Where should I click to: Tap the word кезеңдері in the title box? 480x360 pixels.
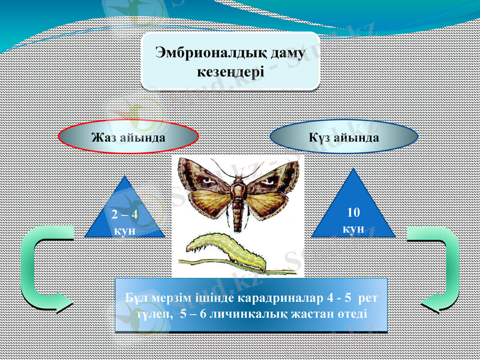click(231, 71)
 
